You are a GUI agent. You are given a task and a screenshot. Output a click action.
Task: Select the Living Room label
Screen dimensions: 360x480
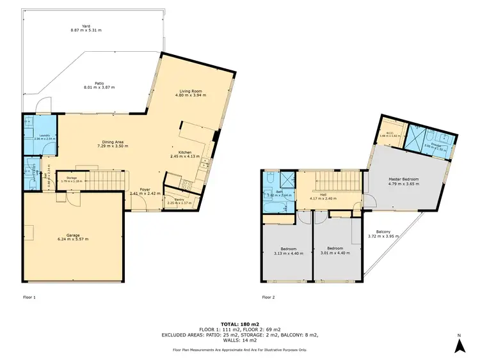189,92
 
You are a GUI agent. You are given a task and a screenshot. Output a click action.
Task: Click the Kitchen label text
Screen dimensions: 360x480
185,152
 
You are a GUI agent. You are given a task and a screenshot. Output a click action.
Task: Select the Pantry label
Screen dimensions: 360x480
175,200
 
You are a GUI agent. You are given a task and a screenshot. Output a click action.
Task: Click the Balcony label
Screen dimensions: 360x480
384,231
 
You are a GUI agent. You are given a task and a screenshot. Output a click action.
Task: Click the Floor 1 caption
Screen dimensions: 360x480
29,297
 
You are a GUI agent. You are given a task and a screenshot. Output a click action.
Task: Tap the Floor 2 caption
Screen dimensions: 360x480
269,297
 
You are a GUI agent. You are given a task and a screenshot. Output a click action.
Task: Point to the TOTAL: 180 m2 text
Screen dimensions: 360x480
240,324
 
